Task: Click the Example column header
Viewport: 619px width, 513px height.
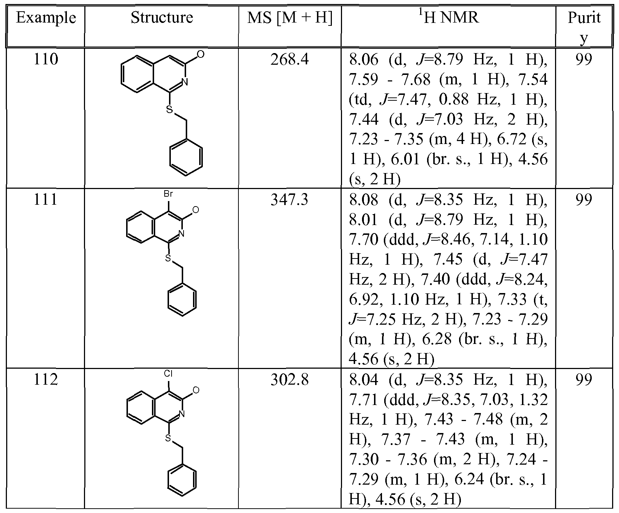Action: pos(46,18)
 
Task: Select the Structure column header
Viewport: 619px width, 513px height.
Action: pos(162,17)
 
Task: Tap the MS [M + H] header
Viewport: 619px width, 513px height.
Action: pos(290,18)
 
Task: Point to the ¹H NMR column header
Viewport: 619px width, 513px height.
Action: pos(448,17)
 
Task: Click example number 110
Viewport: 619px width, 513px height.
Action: pos(46,59)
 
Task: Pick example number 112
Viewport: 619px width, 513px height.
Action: pos(46,380)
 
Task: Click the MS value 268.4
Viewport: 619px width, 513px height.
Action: pos(290,59)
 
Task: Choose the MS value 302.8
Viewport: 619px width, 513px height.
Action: pos(290,380)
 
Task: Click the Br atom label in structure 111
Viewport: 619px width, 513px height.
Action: pos(168,194)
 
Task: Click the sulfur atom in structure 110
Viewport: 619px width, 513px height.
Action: pos(169,109)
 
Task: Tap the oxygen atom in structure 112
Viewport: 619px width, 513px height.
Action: pos(196,390)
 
